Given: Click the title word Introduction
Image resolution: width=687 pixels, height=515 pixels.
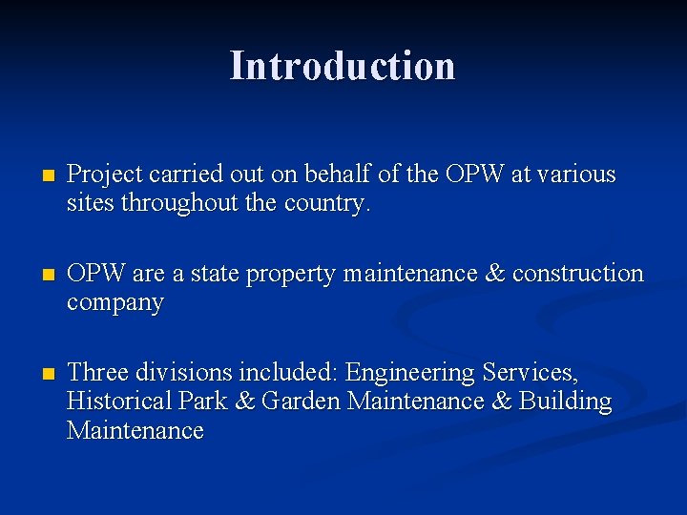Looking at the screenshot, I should click(x=343, y=66).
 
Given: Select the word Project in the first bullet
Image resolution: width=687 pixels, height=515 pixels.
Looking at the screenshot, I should click(x=101, y=175).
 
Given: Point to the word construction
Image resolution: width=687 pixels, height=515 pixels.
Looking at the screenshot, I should click(x=578, y=275).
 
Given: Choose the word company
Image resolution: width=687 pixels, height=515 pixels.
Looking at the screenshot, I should click(x=115, y=304).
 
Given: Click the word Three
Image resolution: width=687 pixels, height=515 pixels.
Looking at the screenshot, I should click(x=95, y=372).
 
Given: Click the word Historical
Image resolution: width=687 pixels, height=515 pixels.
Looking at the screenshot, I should click(x=118, y=402).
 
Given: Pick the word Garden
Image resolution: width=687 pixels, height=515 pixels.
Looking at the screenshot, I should click(x=301, y=402).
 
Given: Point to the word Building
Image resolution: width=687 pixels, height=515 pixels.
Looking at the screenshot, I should click(x=565, y=402).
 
